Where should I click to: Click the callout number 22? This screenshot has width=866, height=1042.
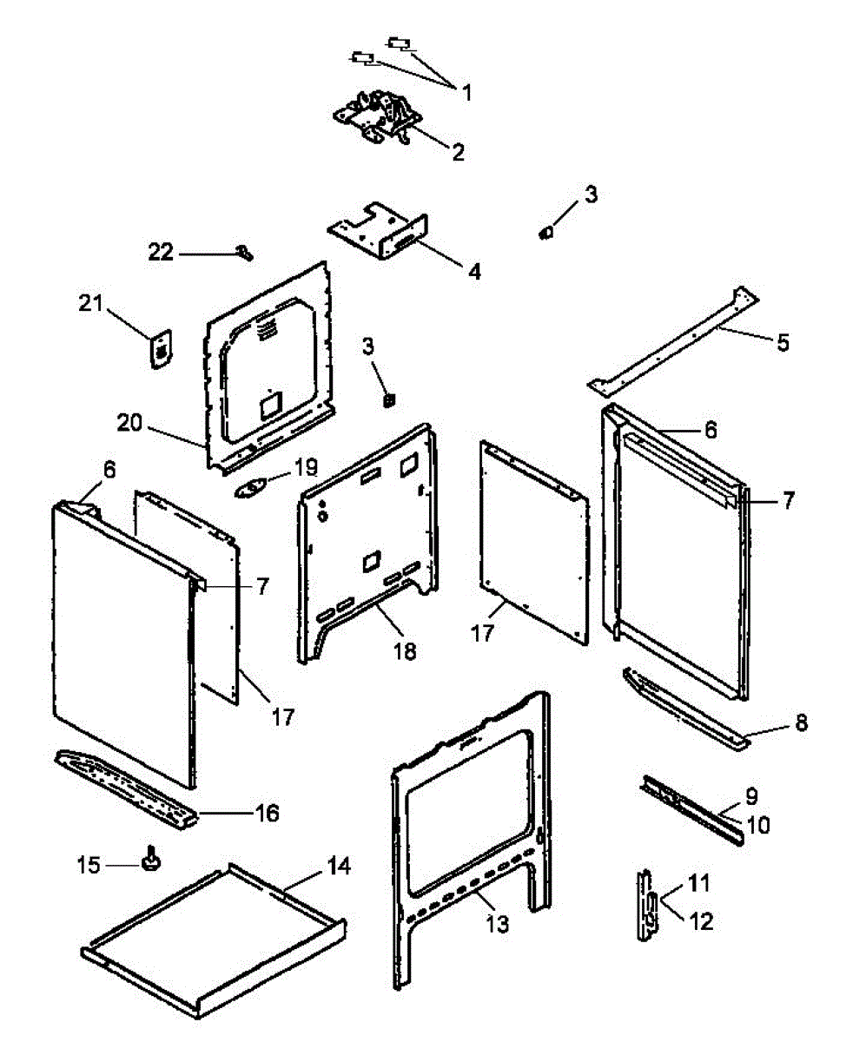pyautogui.click(x=160, y=253)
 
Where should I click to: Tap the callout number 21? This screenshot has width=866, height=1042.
pyautogui.click(x=90, y=304)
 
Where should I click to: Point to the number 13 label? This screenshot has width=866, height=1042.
pyautogui.click(x=498, y=926)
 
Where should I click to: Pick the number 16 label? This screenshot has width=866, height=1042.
pyautogui.click(x=267, y=813)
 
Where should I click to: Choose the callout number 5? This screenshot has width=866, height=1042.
pyautogui.click(x=783, y=342)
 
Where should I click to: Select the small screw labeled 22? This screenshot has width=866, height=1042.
pyautogui.click(x=243, y=253)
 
